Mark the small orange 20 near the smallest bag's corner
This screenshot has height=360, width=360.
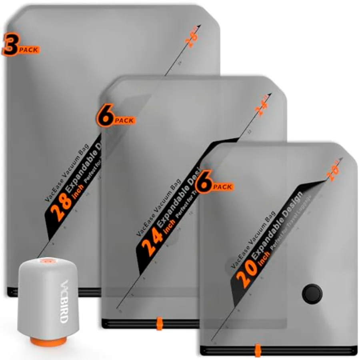(x=334, y=173)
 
